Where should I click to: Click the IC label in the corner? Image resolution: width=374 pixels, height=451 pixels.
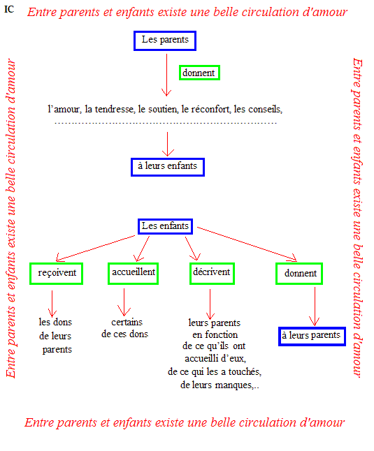(9, 9)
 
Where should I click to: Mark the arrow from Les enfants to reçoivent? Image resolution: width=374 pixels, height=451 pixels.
(96, 249)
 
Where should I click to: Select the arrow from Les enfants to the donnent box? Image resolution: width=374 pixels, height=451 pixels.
(247, 244)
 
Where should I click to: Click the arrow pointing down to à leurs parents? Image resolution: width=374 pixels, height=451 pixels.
(315, 306)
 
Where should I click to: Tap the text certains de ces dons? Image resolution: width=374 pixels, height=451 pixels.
(125, 328)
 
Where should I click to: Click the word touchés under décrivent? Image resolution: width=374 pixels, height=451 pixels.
(245, 371)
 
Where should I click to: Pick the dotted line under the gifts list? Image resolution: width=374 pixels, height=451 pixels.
(166, 123)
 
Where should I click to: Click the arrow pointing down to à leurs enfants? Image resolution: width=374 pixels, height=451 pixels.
(168, 144)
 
